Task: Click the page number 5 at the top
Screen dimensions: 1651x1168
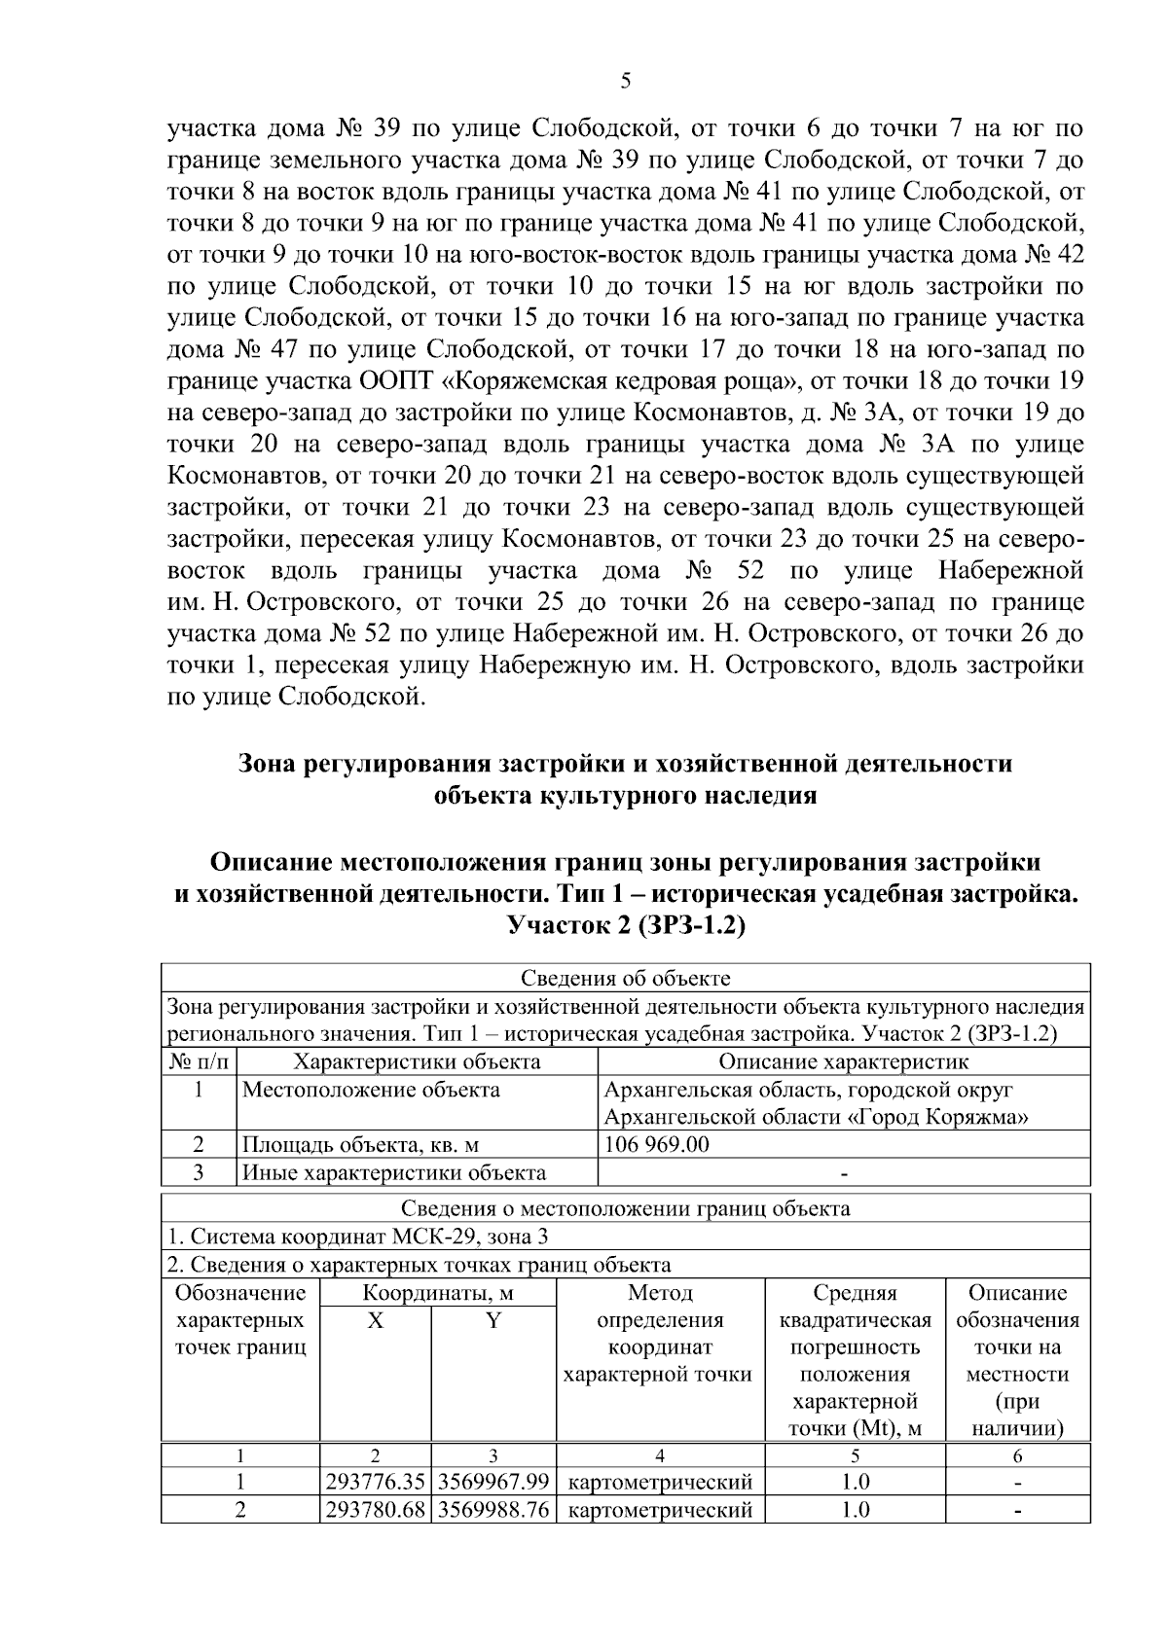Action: (625, 82)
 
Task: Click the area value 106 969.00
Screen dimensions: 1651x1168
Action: (657, 1144)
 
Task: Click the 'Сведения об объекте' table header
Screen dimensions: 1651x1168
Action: (625, 978)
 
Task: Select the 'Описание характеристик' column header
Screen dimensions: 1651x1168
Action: (843, 1061)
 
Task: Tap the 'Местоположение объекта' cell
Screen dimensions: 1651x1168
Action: (371, 1090)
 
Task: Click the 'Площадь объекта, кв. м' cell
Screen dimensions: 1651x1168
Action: (360, 1145)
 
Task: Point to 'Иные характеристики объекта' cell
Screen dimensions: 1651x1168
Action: (393, 1172)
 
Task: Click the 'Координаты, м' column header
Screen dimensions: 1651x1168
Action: (437, 1293)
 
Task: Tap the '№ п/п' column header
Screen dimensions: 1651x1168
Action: (198, 1061)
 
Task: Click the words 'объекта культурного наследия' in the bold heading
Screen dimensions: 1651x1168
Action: (625, 796)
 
